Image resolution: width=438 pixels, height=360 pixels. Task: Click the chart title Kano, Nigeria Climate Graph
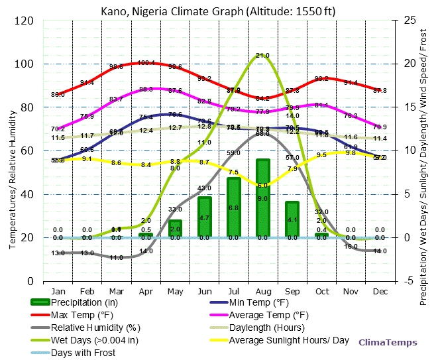218,10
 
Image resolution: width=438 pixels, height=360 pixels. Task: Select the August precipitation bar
262,198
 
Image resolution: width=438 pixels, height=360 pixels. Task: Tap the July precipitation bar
233,208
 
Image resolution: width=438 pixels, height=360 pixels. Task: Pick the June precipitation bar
205,217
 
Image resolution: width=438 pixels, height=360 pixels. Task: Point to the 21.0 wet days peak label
262,56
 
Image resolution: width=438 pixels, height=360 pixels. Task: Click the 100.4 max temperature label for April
146,63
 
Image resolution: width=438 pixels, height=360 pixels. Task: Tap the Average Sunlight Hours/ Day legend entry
289,340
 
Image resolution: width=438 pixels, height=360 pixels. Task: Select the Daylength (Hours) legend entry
266,328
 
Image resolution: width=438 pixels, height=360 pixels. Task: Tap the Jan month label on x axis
58,290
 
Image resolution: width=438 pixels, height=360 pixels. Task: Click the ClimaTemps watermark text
388,342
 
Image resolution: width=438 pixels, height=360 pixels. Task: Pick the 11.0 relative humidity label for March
117,257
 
